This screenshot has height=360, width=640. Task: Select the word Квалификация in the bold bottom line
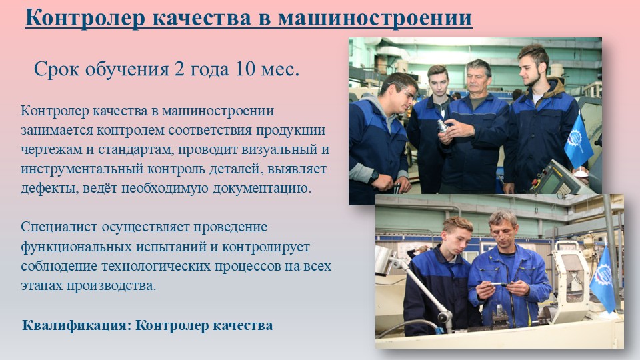coord(77,326)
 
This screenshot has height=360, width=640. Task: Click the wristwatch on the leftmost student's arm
coord(374,176)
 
